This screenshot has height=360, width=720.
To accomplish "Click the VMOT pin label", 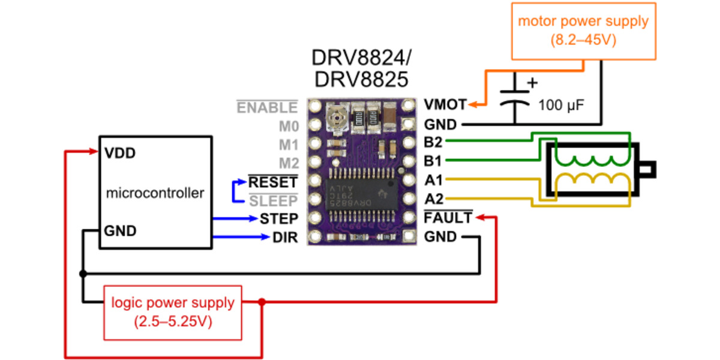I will click(445, 105).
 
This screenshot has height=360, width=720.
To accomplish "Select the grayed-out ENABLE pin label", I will click(267, 107).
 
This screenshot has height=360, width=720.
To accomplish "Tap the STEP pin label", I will click(278, 218).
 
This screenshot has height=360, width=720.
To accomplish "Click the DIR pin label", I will click(285, 238).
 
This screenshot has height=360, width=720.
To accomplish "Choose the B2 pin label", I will click(434, 143).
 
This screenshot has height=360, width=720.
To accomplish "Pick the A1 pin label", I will click(434, 180).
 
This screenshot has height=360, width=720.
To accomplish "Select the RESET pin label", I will click(273, 182).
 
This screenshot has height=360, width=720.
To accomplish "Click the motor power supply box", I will click(583, 31).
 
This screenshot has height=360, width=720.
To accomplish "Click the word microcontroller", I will click(155, 193).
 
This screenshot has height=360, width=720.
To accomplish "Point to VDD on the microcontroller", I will click(119, 152).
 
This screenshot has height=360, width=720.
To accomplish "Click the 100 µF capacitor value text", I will click(561, 106).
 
